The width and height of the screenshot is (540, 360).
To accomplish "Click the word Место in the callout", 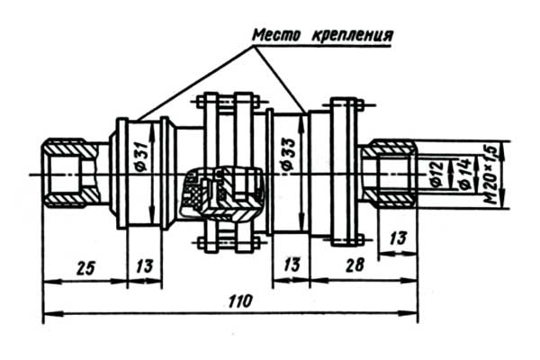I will (276, 36).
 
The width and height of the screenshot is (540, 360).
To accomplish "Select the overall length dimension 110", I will (238, 300).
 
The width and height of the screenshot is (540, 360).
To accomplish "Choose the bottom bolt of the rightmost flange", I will (348, 240).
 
